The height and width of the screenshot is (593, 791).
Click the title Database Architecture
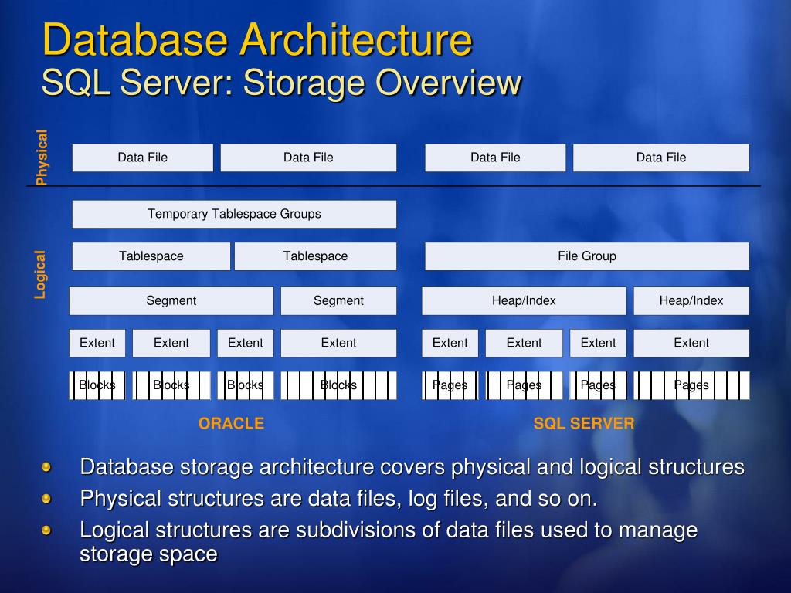click(x=256, y=40)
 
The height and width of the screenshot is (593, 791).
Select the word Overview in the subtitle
click(x=448, y=83)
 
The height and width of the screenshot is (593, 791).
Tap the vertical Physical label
click(x=42, y=158)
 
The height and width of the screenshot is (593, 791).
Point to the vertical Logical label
click(x=40, y=274)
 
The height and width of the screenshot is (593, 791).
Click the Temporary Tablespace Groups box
click(x=234, y=214)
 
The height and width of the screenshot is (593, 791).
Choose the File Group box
click(x=587, y=256)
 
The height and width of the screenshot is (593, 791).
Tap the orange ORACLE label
click(x=231, y=423)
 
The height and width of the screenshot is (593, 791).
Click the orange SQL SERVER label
click(x=584, y=423)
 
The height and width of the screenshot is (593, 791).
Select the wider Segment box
click(x=171, y=300)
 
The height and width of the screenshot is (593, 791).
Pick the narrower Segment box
click(x=338, y=300)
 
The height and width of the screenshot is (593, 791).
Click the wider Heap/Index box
click(x=524, y=300)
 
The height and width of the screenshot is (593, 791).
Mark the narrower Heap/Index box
click(x=691, y=300)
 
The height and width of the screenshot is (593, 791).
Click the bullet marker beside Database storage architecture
click(x=46, y=467)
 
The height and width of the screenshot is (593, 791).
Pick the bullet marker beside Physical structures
click(x=46, y=499)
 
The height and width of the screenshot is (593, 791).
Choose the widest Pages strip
click(x=691, y=385)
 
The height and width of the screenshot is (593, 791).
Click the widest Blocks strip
click(x=338, y=385)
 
